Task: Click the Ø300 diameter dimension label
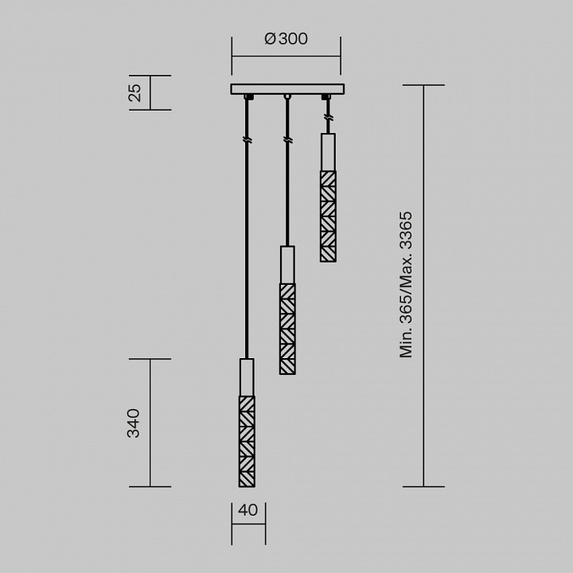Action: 285,39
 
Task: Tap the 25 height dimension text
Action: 134,92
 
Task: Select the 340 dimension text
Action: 134,423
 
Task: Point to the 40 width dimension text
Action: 248,510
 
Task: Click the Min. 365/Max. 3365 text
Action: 407,284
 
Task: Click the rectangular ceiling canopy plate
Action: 286,89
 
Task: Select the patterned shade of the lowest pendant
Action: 248,440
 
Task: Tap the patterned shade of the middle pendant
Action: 286,328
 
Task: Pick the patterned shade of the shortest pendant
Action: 327,216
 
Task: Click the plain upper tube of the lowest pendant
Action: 248,376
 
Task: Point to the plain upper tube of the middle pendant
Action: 286,264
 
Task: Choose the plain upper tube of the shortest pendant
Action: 327,151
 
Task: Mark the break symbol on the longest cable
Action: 248,140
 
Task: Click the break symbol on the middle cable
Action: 286,140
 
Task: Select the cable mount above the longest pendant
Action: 248,97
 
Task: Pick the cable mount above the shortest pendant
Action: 325,97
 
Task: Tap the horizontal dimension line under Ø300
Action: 286,56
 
